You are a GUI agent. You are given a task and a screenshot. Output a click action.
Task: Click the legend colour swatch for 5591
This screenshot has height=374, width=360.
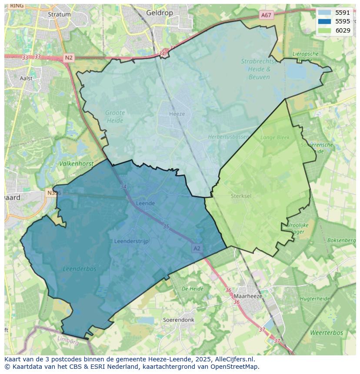pos(324,13)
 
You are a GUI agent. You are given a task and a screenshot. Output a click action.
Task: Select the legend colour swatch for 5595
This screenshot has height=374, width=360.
pos(324,22)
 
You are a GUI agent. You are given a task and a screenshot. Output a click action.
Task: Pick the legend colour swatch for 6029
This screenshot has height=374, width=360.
pos(324,30)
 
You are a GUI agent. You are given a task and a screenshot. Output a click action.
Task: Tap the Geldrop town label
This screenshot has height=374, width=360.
pos(160,13)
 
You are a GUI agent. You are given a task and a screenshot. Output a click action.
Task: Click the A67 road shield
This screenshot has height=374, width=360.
pos(266,15)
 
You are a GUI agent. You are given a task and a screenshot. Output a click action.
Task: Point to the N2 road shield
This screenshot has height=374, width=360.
pos(69,58)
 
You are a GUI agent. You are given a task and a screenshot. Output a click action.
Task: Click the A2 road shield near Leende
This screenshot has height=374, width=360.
pos(197,248)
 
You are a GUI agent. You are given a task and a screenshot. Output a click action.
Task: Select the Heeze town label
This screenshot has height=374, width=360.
pos(177,114)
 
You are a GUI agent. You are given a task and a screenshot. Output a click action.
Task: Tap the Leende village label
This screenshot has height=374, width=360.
pos(145,203)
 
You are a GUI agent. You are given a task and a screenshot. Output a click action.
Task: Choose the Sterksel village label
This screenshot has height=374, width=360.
pos(241,196)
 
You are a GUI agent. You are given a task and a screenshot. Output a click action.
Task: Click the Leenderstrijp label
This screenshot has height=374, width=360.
pos(131,241)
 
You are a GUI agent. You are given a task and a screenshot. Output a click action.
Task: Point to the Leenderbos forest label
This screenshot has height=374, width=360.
pos(80,269)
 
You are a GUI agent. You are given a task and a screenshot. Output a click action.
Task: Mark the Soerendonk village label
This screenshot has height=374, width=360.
pos(178,320)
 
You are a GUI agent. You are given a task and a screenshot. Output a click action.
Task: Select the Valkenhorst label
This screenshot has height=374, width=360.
pos(76,164)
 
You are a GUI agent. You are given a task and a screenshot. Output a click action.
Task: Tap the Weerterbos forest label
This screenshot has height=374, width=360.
pos(327,333)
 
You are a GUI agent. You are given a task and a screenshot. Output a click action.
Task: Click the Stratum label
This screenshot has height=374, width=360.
pos(59,14)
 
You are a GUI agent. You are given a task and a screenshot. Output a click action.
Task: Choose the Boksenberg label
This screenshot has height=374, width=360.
pos(341,240)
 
